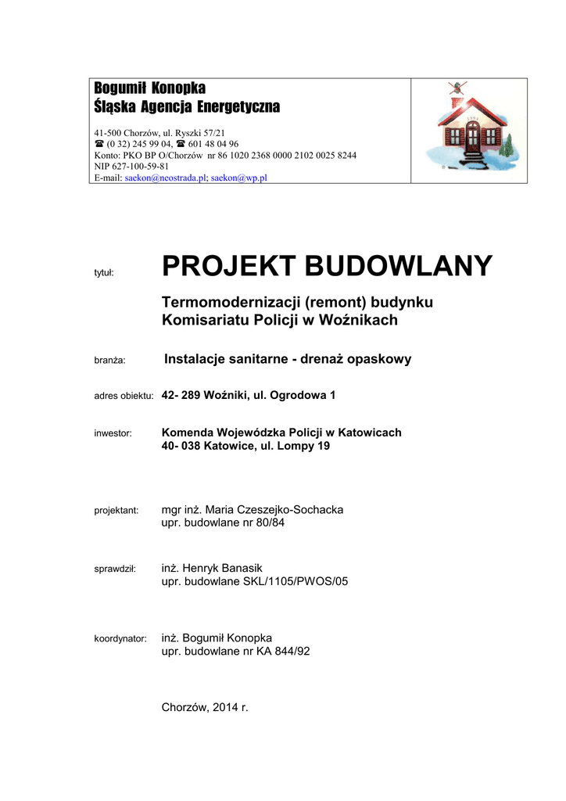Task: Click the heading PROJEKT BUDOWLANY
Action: tap(327, 267)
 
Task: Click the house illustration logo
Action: tap(469, 129)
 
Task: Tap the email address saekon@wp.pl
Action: tap(239, 178)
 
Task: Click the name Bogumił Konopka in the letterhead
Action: tap(149, 88)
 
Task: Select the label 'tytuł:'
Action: tap(105, 272)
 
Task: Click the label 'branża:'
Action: tap(110, 361)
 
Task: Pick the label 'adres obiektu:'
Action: tap(123, 397)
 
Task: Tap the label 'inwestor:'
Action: tap(113, 433)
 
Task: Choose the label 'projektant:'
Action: tap(116, 510)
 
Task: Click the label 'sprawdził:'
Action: tap(115, 568)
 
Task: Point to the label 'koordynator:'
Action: tap(120, 638)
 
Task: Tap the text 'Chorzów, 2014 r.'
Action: tap(204, 707)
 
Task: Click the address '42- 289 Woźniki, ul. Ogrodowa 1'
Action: tap(248, 396)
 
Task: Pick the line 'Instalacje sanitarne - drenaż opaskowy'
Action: tap(288, 359)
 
